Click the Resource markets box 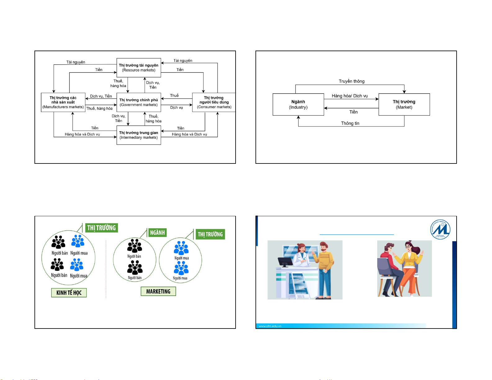139,68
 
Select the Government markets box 139,102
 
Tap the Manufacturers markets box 63,102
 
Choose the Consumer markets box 214,102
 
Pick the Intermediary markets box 139,135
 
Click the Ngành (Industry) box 298,105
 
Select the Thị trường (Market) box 404,105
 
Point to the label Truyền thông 352,81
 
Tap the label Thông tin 350,123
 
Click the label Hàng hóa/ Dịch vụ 350,96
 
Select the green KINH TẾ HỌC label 69,293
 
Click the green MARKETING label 158,292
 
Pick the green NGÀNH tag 157,233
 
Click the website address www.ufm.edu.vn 270,326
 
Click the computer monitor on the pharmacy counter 285,262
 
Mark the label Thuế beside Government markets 174,96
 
